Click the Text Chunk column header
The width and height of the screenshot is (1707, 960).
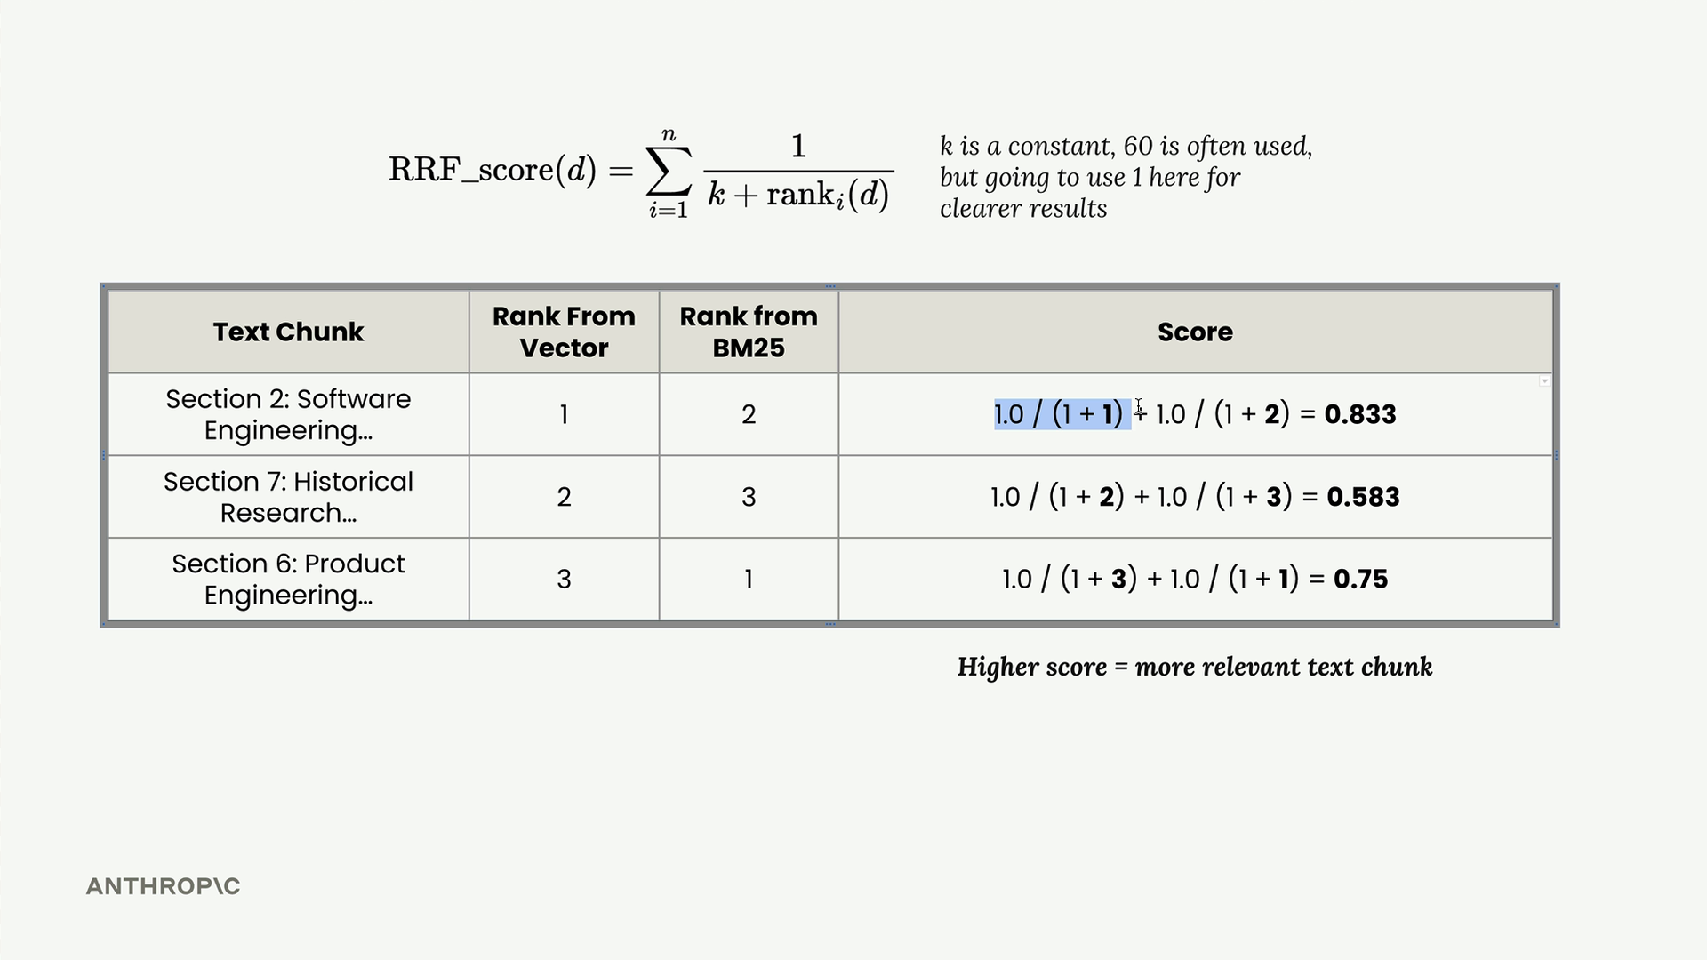[x=288, y=332]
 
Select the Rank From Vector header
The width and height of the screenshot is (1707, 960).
[x=564, y=332]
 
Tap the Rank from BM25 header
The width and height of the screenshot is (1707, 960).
[x=749, y=332]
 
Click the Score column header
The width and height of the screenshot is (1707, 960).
[x=1195, y=332]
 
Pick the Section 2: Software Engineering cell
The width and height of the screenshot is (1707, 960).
[x=288, y=414]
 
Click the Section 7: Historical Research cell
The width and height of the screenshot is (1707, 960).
[x=288, y=497]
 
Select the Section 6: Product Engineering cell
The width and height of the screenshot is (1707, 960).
[x=288, y=579]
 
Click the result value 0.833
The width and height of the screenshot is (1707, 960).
[x=1360, y=414]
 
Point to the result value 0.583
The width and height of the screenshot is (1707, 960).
[x=1363, y=497]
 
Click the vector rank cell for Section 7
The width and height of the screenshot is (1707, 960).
[x=564, y=497]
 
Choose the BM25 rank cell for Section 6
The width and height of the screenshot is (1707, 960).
[x=749, y=580]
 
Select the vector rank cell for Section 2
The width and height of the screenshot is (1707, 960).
[x=564, y=414]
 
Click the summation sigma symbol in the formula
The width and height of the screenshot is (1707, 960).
[x=669, y=171]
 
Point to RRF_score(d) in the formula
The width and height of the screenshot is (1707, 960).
[x=493, y=170]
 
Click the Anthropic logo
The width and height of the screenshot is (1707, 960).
[x=163, y=886]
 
